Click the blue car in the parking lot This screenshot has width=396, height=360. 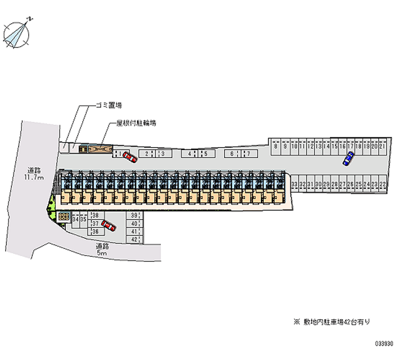348,158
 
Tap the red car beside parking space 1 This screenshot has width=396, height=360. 130,156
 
